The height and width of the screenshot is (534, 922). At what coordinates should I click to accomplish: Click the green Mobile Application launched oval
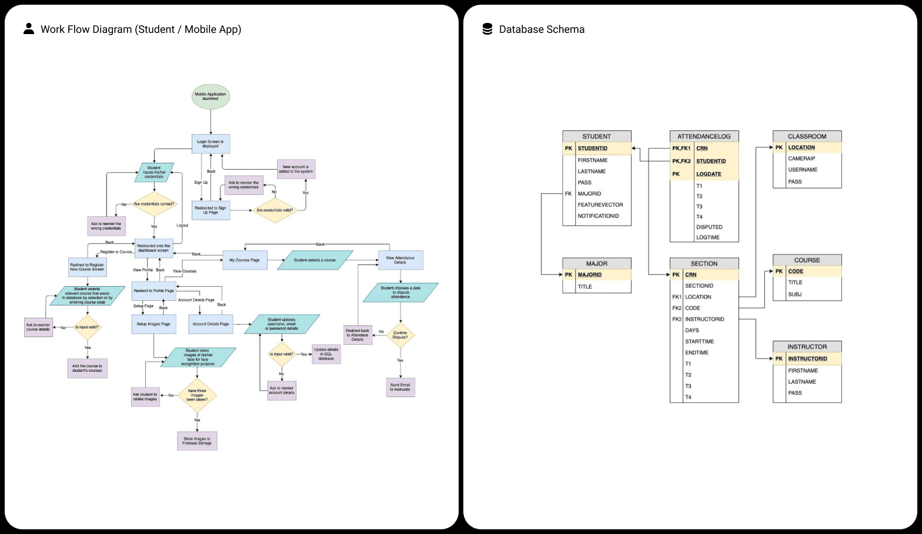pos(211,96)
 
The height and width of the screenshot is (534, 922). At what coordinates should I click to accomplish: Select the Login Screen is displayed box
pos(211,144)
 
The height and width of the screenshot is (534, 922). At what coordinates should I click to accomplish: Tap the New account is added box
pos(296,169)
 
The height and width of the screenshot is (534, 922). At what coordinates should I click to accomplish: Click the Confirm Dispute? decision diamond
pos(400,335)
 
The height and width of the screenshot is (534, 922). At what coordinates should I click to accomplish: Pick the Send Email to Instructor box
pos(400,387)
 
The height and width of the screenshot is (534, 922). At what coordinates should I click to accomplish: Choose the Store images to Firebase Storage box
pos(197,441)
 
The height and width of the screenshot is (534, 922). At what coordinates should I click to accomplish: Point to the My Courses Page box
pos(245,260)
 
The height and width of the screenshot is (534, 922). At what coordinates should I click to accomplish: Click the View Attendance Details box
pos(400,260)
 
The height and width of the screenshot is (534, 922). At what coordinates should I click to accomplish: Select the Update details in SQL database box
pos(326,354)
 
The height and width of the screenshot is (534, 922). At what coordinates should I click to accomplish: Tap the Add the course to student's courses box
pos(87,368)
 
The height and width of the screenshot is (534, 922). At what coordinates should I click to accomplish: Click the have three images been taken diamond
pos(197,395)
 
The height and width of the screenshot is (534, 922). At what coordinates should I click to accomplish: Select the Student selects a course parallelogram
pos(315,260)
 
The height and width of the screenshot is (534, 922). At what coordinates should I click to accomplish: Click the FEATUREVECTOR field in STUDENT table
pos(600,205)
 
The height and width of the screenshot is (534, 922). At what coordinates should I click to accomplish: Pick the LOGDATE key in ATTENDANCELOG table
pos(709,174)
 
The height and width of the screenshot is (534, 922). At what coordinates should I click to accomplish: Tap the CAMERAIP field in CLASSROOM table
pos(801,159)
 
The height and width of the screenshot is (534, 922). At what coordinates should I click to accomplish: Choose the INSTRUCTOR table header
pos(807,347)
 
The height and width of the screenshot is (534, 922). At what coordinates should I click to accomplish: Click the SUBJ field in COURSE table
pos(795,294)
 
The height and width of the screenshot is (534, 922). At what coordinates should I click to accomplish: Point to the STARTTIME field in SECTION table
pos(699,341)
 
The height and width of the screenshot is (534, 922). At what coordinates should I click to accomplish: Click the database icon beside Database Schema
pos(487,29)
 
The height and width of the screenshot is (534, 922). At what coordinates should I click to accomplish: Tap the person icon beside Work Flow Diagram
pos(28,29)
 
